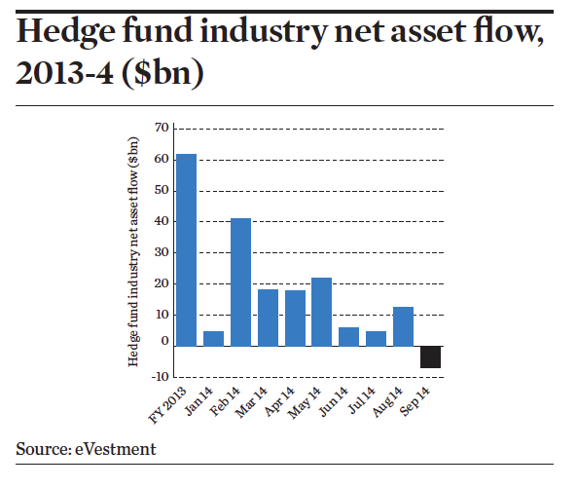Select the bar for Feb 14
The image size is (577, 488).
point(240,282)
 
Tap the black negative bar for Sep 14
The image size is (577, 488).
point(430,357)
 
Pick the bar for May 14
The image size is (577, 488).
point(322,312)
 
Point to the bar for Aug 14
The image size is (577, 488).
point(403,326)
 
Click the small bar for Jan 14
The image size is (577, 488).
point(213,338)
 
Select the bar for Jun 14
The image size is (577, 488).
point(349,336)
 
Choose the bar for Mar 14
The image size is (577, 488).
point(268,318)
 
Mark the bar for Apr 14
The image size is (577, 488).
point(295,318)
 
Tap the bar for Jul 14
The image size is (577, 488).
point(377,338)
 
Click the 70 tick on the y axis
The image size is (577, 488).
point(162,128)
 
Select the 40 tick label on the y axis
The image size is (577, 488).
point(162,221)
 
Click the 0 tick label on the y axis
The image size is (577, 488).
point(164,346)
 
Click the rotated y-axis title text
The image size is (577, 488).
point(134,251)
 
